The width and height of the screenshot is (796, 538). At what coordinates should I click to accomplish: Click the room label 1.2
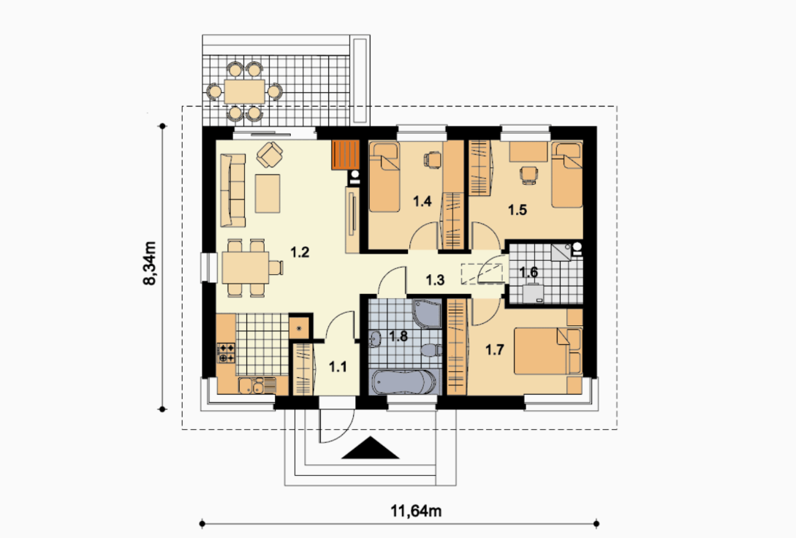(x=300, y=251)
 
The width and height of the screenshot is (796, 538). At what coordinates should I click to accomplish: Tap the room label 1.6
(x=528, y=272)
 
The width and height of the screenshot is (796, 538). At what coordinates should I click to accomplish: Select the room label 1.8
(x=398, y=336)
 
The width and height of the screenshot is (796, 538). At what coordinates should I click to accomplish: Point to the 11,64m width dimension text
(x=416, y=510)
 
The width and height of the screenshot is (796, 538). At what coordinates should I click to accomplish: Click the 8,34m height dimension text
(x=150, y=263)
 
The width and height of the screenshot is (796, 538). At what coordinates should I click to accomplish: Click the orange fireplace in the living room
(x=346, y=155)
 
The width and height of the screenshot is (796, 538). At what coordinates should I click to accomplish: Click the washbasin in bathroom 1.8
(x=376, y=339)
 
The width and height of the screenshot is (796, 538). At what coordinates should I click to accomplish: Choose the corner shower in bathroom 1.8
(x=428, y=314)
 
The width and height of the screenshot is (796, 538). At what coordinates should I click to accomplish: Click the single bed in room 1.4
(x=384, y=176)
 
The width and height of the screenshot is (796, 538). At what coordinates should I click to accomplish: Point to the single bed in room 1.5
(x=567, y=175)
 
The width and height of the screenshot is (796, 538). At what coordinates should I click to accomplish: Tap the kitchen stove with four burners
(x=226, y=353)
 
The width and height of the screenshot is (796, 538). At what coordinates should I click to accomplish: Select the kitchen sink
(x=257, y=385)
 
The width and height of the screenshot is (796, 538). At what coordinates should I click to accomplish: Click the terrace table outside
(x=245, y=91)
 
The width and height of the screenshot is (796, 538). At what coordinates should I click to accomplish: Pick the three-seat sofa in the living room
(x=233, y=190)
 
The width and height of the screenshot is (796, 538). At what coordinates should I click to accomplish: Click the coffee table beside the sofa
(x=268, y=194)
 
